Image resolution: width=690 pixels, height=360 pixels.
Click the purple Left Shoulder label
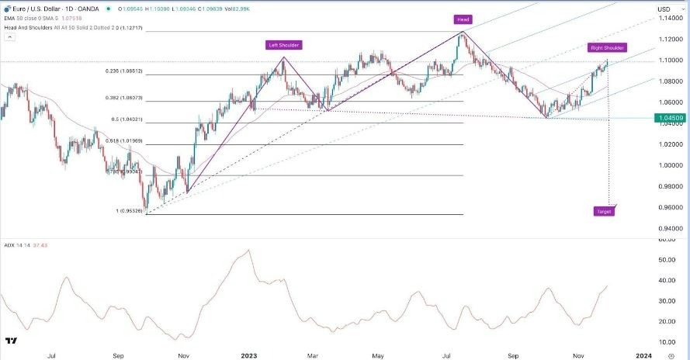click(284, 45)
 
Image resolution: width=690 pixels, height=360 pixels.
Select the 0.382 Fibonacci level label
click(134, 98)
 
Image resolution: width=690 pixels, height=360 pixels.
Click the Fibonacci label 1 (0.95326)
click(130, 210)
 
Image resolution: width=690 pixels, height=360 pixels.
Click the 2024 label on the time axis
click(643, 355)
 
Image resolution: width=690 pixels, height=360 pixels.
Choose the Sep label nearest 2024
click(513, 355)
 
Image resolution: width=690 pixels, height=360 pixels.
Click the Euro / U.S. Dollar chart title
click(39, 8)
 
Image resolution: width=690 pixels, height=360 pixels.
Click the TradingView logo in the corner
click(12, 341)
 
